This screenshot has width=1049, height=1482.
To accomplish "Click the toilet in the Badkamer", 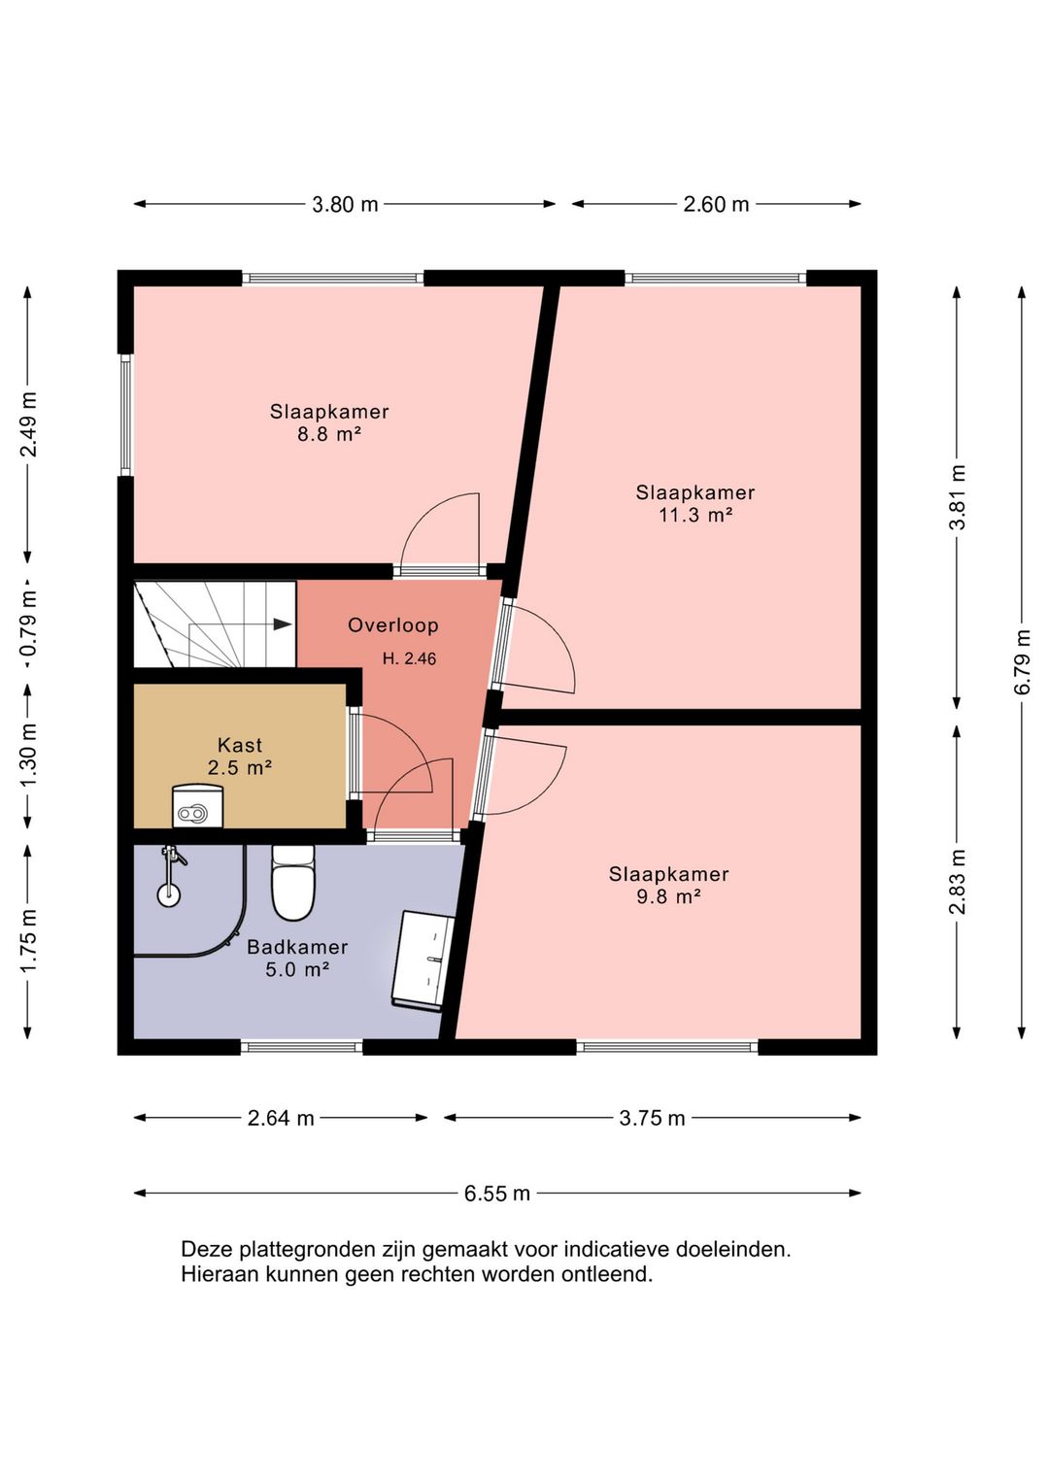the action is click(x=294, y=882).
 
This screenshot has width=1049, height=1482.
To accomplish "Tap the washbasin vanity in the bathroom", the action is click(x=423, y=960).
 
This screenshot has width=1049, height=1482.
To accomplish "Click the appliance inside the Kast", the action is click(x=198, y=806).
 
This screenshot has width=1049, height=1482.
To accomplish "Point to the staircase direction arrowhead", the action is click(x=283, y=623).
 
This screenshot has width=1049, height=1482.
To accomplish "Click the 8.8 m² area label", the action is click(x=329, y=434).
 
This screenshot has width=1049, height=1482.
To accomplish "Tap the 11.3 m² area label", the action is click(x=694, y=515).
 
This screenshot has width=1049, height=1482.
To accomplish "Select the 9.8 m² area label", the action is click(x=668, y=896).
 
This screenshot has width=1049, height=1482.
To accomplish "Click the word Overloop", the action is click(x=393, y=625).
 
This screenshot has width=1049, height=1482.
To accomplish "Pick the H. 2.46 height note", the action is click(x=409, y=658).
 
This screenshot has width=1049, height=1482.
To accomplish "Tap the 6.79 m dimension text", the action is click(x=1023, y=661).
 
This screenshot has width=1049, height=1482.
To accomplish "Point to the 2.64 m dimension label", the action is click(x=281, y=1118).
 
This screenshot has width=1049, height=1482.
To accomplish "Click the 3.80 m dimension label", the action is click(x=345, y=205).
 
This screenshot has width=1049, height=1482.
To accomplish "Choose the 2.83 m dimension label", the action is click(x=958, y=882).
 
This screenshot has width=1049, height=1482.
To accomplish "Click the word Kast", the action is click(x=240, y=745).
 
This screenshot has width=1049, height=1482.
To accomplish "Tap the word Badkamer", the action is click(x=297, y=947).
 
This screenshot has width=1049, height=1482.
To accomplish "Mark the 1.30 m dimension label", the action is click(x=29, y=756).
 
